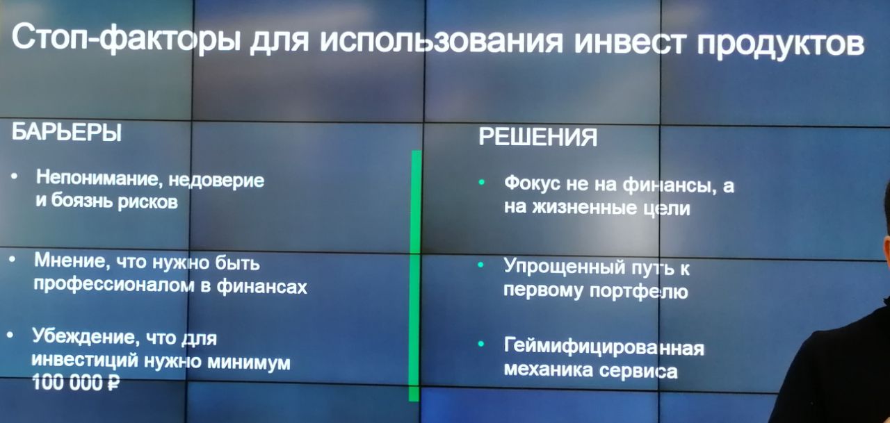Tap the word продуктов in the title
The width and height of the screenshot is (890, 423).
pos(780,44)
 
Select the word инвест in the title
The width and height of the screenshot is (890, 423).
pos(630,41)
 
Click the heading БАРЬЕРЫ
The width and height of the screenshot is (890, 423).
pos(66,132)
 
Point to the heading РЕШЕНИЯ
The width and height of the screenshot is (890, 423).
pos(537,138)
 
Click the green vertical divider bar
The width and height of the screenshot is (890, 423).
pos(415,276)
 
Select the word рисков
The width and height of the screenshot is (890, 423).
pos(147,202)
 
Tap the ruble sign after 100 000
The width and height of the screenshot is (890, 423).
pos(113,383)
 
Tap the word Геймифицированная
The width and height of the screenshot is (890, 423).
pos(604,347)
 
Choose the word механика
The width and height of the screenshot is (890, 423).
pos(549,370)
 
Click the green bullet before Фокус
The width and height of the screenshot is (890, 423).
pos(482,183)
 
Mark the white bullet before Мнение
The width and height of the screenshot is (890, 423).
pos(13,260)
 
